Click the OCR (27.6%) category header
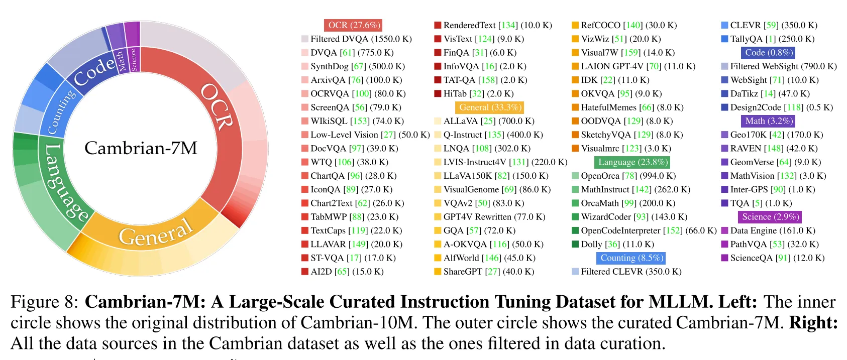353,25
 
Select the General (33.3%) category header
490,107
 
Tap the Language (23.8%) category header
632,162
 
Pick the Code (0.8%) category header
768,53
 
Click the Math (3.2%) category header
769,121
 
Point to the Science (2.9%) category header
770,217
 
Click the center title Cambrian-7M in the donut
141,148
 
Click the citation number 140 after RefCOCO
633,25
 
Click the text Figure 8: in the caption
44,302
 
